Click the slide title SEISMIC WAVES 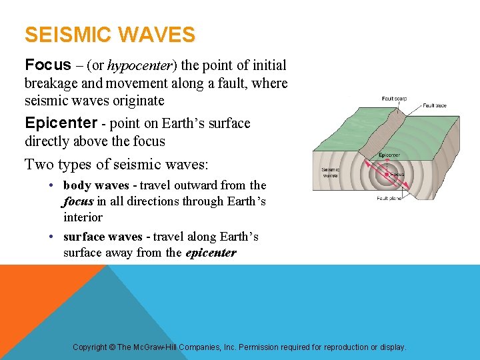click(110, 35)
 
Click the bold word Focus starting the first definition click(47, 65)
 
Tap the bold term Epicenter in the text click(61, 123)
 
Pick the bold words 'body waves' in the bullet click(99, 185)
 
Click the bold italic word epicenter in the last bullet click(212, 253)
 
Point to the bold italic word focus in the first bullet click(78, 201)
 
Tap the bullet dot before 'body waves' click(51, 186)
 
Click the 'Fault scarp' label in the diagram click(395, 98)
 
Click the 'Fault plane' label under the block click(390, 198)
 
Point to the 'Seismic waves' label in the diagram click(331, 173)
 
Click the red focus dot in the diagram click(386, 175)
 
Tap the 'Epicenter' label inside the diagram click(389, 155)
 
